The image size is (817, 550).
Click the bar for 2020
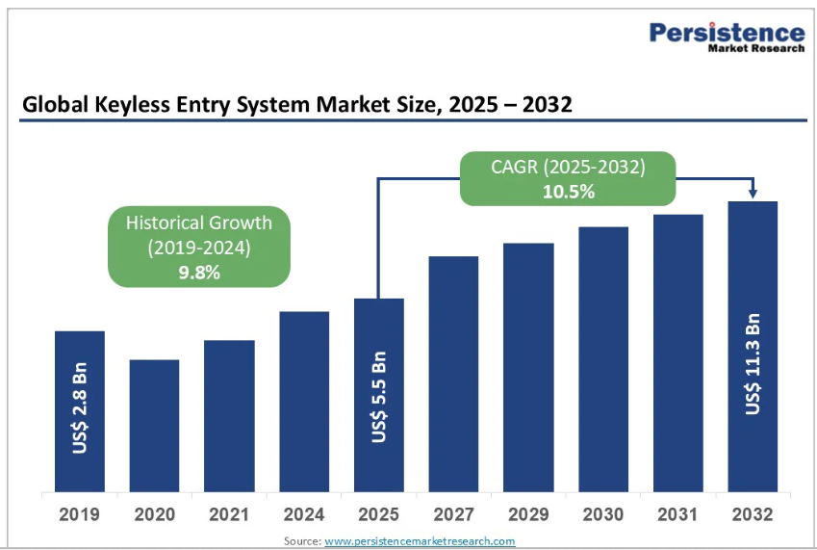click(x=154, y=424)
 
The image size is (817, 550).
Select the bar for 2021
click(x=229, y=414)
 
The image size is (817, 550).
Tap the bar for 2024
click(x=304, y=400)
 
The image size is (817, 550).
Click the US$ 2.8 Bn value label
click(x=81, y=409)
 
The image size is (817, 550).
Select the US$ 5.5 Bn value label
click(x=380, y=396)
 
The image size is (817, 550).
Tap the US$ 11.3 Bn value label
click(x=753, y=365)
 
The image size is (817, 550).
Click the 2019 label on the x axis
click(x=79, y=514)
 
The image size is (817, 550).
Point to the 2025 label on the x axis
click(x=378, y=514)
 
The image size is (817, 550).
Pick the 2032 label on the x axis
click(x=753, y=514)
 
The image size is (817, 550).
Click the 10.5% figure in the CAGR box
click(x=568, y=191)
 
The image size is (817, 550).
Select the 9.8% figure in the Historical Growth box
click(x=199, y=273)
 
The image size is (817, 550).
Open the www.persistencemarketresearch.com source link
click(x=420, y=541)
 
